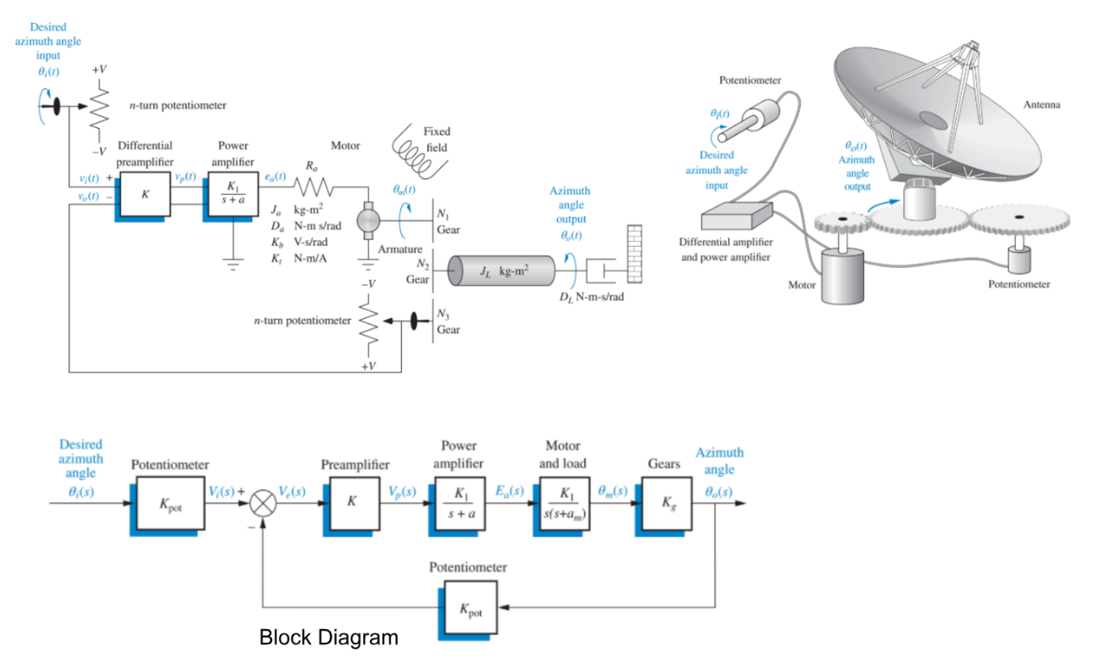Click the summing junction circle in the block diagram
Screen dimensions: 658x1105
click(263, 503)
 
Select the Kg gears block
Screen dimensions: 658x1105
click(666, 503)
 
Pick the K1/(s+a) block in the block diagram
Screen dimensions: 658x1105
click(460, 503)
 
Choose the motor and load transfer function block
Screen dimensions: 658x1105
click(562, 503)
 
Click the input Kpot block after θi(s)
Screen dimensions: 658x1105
click(170, 503)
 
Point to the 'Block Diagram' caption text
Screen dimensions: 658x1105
click(328, 637)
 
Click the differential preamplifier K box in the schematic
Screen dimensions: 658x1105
click(145, 194)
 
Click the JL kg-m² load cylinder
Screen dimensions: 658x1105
click(504, 270)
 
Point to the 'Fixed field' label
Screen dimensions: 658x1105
click(438, 139)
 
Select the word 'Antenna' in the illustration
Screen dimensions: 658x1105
click(1042, 105)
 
